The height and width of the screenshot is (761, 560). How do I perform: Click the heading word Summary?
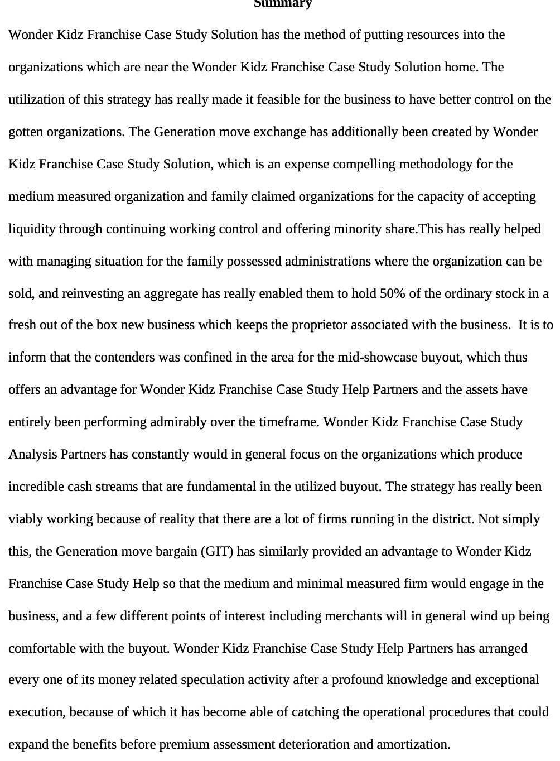pos(283,4)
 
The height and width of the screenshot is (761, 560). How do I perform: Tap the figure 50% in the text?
pos(392,293)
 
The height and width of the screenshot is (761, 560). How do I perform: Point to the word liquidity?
pos(32,229)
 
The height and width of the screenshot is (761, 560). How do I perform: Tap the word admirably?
pos(178,422)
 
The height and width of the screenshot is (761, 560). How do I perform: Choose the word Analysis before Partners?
pos(33,454)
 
